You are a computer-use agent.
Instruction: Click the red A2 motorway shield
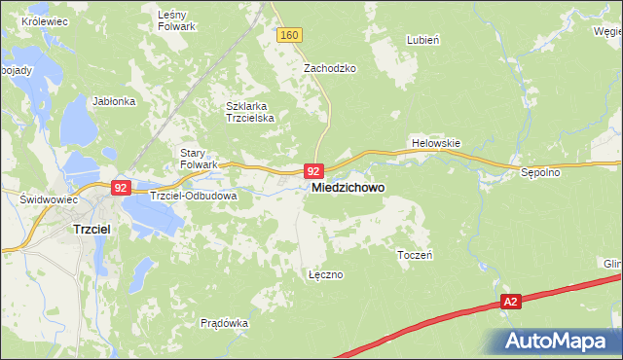tap(511, 303)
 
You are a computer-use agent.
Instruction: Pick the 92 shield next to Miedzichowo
tap(312, 169)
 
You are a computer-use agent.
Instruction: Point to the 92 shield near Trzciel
tap(122, 188)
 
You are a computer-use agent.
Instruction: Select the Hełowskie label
tap(435, 143)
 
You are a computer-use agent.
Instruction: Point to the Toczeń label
tap(416, 254)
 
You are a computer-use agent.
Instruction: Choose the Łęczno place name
tap(325, 274)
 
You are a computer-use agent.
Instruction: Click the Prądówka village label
tap(225, 322)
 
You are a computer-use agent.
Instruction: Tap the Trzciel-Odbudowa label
tap(194, 196)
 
